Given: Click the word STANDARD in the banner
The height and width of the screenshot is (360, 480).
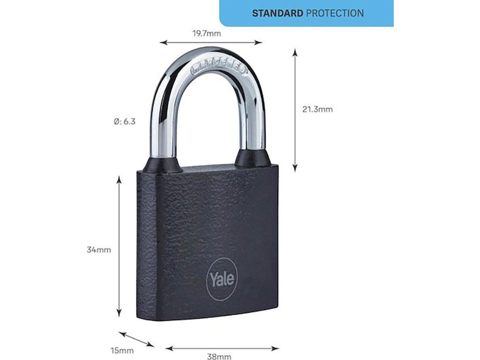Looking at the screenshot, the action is point(277,13).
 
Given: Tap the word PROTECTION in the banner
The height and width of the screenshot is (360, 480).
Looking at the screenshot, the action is point(335,13).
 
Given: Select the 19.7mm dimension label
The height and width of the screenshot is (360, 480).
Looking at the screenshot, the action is point(206,33).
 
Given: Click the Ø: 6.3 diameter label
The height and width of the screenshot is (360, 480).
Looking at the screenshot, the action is point(125,121).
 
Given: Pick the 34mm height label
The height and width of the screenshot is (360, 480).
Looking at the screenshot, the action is point(99,250).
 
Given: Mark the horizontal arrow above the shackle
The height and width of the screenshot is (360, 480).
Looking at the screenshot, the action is point(211,43).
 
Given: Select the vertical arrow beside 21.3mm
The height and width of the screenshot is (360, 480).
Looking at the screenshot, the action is point(295,110).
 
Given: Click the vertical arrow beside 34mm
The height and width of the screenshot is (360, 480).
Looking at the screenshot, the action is point(119,247).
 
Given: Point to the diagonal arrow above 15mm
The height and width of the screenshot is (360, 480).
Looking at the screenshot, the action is point(136,339).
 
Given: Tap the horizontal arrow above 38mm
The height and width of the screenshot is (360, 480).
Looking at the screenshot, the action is point(222,348).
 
